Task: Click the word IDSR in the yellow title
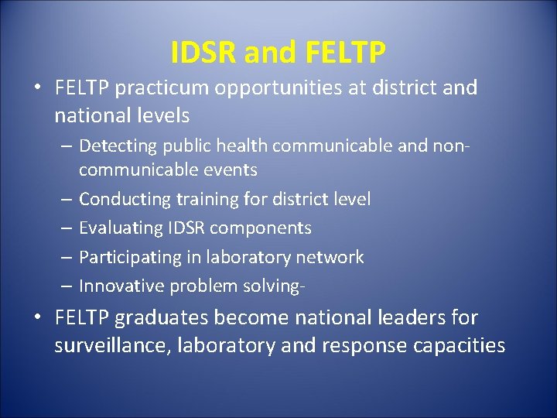pyautogui.click(x=203, y=53)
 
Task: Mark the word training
pyautogui.click(x=207, y=199)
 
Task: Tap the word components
pyautogui.click(x=264, y=228)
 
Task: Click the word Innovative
pyautogui.click(x=121, y=286)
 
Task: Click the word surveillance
pyautogui.click(x=113, y=345)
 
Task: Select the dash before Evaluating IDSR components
pyautogui.click(x=66, y=228)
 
